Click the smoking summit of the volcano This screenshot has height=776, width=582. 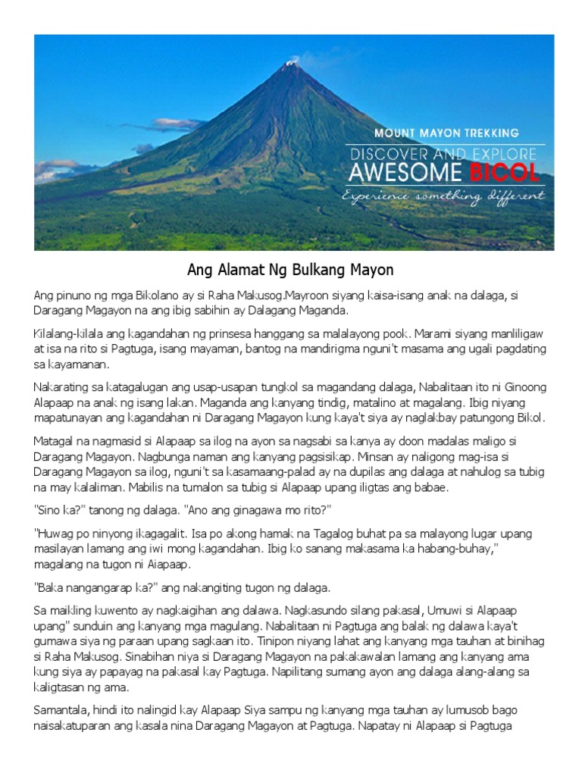pos(290,65)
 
